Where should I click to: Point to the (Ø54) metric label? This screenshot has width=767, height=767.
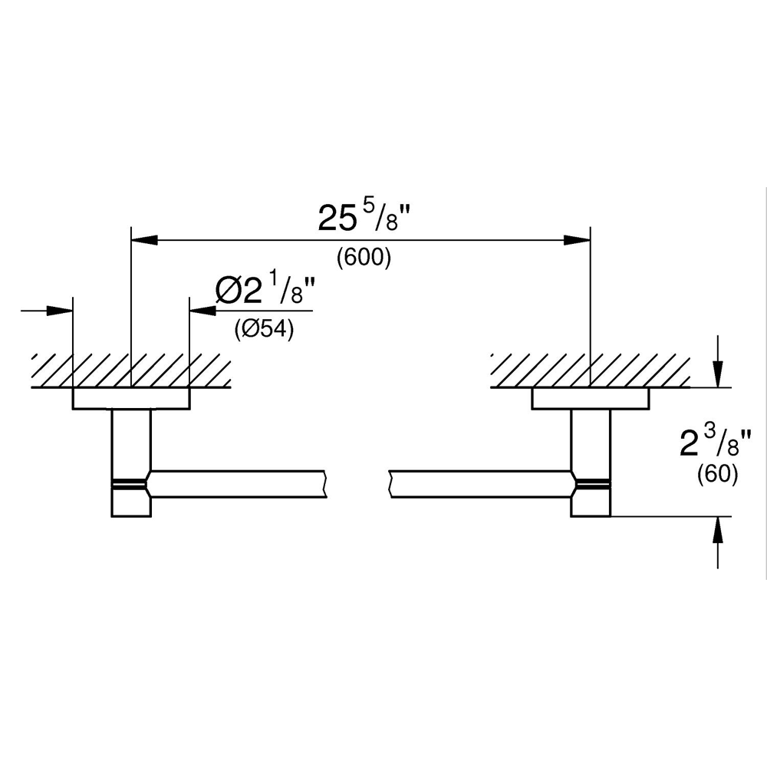click(x=263, y=331)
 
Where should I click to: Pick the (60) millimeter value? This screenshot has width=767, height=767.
click(x=717, y=475)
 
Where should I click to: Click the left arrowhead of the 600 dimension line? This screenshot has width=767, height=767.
click(x=144, y=240)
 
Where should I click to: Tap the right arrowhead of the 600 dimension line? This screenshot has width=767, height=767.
click(x=578, y=240)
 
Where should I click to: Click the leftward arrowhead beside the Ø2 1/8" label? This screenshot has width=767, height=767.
click(x=202, y=311)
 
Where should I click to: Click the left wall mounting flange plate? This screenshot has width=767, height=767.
click(x=131, y=399)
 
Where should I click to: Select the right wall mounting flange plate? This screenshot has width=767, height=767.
click(x=590, y=399)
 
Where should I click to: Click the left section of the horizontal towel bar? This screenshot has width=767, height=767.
click(x=238, y=482)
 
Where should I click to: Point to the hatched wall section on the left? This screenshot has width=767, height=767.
click(x=130, y=370)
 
